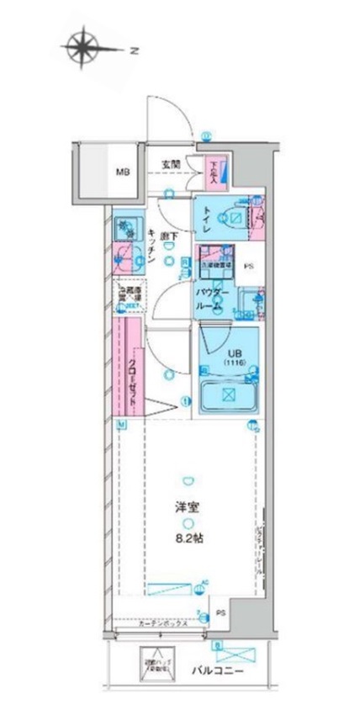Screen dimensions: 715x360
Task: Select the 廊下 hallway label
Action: [x=167, y=238]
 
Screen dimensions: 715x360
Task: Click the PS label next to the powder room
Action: [x=248, y=268]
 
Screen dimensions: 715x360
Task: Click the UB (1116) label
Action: [x=233, y=357]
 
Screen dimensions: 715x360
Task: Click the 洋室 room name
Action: [x=186, y=508]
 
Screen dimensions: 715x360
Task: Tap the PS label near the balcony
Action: [x=220, y=612]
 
